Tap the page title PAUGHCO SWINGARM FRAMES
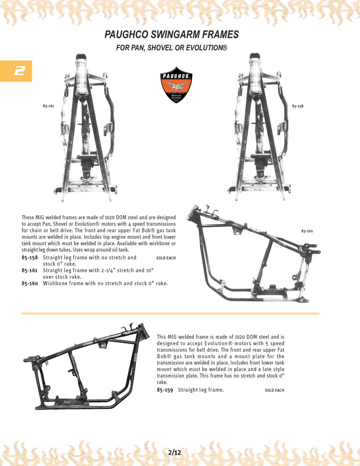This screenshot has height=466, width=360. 171,35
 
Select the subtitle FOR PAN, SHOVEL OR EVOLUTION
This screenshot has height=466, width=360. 171,48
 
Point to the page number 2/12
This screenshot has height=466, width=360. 175,452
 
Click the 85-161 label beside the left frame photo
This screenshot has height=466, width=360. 48,106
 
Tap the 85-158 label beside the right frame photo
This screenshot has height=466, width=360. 298,106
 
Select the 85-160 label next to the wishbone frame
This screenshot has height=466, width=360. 307,231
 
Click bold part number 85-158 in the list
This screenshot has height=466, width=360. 30,258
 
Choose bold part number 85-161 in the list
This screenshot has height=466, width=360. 30,271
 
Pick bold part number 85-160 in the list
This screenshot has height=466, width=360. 30,284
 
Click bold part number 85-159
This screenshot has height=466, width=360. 165,390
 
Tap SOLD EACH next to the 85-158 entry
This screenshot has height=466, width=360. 166,258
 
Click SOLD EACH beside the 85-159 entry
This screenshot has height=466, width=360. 275,391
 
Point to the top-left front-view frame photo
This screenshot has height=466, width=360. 86,127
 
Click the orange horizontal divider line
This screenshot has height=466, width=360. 170,313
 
